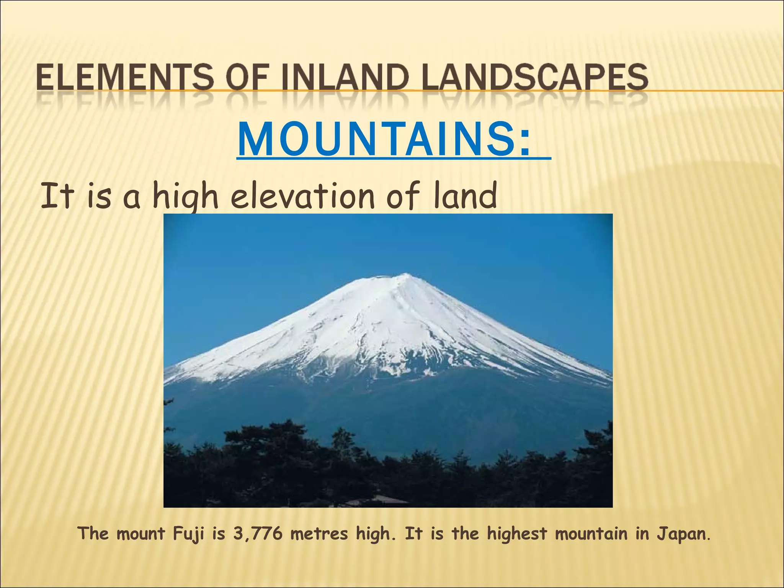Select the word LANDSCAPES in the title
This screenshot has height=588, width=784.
coord(530,77)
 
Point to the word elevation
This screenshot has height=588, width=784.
coord(302,196)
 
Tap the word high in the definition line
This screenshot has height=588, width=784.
coord(185,197)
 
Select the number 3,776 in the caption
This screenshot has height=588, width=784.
coord(257,534)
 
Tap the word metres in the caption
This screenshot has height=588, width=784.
coord(319,534)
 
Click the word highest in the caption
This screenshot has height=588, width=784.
coord(517,534)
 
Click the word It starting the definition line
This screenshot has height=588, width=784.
coord(57,196)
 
